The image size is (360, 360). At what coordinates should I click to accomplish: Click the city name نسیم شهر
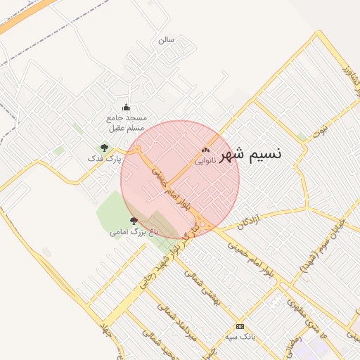[250, 154]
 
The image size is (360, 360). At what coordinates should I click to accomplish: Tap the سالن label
[166, 40]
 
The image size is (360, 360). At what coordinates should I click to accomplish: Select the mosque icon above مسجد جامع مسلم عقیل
[126, 107]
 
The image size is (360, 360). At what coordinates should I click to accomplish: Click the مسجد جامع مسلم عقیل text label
[126, 123]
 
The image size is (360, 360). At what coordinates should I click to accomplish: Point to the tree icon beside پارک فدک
[105, 148]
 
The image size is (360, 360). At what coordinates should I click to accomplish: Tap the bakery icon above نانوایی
[205, 149]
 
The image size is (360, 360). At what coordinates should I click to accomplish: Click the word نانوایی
[205, 160]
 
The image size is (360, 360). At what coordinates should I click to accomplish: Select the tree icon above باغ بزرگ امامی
[134, 220]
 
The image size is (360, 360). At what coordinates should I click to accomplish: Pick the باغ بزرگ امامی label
[134, 231]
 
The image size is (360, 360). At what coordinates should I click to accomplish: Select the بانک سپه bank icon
[240, 327]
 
